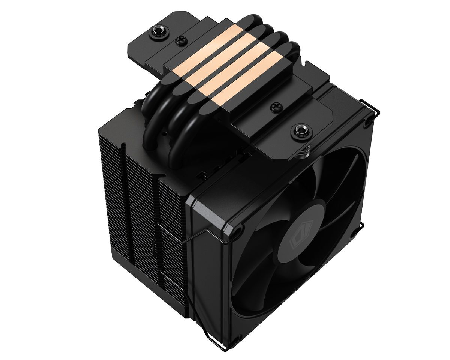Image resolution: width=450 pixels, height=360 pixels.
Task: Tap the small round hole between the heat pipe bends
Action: click(164, 133)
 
